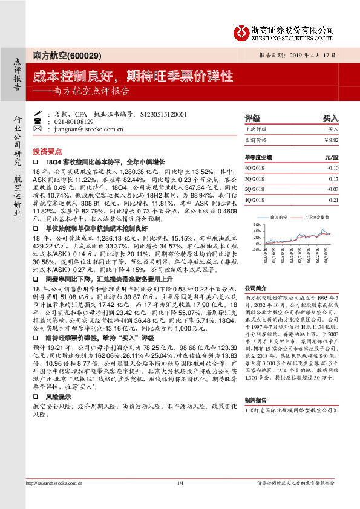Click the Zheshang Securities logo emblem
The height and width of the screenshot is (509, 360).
[240, 31]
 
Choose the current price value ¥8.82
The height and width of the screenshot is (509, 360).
[332, 140]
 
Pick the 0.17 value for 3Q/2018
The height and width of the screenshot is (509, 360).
[333, 178]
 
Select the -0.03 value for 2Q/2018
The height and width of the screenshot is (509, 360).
[332, 189]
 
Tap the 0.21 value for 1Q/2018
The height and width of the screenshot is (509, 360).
[333, 199]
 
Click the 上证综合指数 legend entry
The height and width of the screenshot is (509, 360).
[315, 216]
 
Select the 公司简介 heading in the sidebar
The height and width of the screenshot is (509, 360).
[256, 289]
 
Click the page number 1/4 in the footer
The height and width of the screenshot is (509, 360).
[180, 499]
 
